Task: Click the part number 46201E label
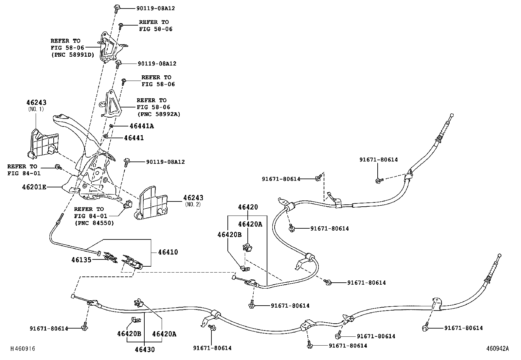coord(34,187)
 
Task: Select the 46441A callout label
coord(142,126)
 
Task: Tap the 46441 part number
coord(134,138)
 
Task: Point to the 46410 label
coord(168,252)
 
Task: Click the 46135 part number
coord(81,260)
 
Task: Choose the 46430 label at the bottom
coord(145,350)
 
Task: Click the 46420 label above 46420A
coord(248,207)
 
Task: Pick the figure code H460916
coord(23,349)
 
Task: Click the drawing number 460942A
coord(497,349)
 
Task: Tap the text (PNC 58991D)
coord(73,55)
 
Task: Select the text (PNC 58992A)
coord(159,114)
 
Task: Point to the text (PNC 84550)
coord(94,223)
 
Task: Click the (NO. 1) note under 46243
coord(36,109)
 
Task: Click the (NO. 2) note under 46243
coord(193,204)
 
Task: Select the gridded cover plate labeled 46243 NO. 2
coord(151,203)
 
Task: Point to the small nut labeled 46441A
coord(111,126)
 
